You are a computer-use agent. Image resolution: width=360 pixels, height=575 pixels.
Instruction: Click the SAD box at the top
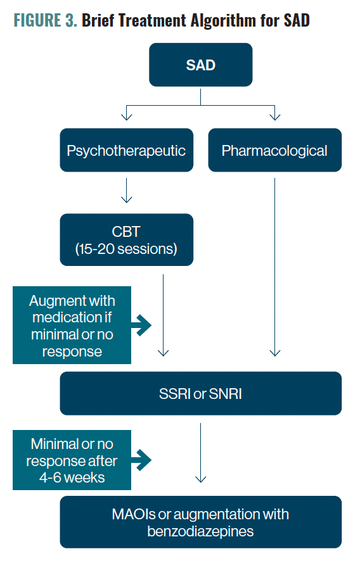tap(200, 65)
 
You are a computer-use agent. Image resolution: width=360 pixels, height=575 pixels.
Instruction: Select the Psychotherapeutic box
tap(127, 150)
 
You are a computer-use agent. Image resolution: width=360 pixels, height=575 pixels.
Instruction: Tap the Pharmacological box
tap(275, 150)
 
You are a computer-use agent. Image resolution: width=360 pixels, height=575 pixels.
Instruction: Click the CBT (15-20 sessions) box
tap(127, 240)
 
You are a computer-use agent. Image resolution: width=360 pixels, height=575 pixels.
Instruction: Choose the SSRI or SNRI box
tap(201, 393)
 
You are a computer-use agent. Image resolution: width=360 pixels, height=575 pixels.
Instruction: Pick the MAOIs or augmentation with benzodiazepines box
tap(201, 522)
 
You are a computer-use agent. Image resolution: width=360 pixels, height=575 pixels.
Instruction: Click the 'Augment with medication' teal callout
tap(72, 325)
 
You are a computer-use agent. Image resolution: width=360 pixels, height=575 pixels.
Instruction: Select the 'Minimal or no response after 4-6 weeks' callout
tap(72, 460)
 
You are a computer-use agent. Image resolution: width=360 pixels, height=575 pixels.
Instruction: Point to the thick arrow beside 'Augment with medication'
tap(141, 325)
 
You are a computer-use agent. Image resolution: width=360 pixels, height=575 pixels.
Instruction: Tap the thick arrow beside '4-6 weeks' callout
tap(141, 460)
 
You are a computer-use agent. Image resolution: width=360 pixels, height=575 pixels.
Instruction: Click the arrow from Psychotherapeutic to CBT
tap(127, 191)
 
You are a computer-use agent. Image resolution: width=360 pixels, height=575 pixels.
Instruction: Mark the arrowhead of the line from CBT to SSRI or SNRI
tap(164, 353)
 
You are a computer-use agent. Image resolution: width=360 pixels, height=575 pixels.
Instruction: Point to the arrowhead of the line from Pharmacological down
tap(275, 353)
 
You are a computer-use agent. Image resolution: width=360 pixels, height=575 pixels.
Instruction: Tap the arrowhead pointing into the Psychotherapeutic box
tap(127, 117)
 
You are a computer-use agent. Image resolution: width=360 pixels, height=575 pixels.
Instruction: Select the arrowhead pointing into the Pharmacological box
tap(275, 117)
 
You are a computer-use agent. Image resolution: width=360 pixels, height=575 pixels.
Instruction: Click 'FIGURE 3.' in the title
tap(45, 20)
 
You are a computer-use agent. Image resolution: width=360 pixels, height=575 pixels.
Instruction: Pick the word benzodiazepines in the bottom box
tap(200, 531)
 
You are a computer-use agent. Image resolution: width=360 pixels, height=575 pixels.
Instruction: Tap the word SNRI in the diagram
tap(226, 394)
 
